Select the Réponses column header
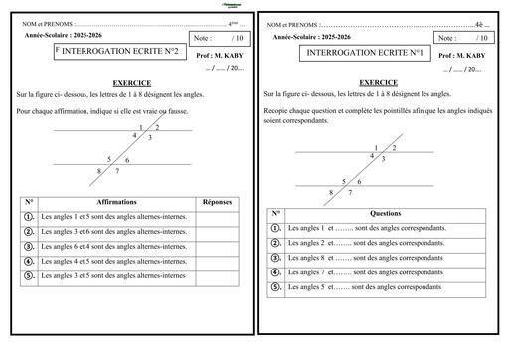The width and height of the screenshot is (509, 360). tap(217, 201)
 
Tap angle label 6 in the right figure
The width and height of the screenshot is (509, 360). tap(359, 180)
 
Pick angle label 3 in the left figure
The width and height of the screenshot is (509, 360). tap(149, 138)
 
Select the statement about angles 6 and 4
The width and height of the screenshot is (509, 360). tap(112, 246)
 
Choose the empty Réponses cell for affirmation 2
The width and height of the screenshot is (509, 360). tap(217, 231)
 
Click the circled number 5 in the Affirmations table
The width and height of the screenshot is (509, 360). tap(29, 275)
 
